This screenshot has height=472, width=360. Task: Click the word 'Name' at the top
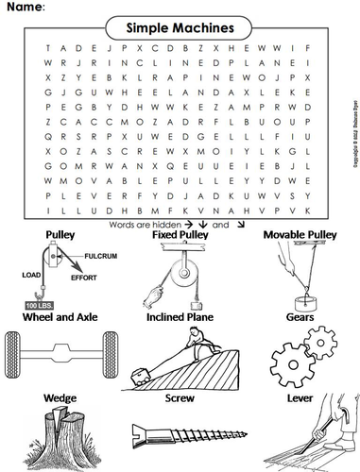(25, 8)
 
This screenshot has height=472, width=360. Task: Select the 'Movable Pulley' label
(300, 233)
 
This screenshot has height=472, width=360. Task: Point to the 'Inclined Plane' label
(180, 317)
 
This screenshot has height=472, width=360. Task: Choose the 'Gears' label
(305, 317)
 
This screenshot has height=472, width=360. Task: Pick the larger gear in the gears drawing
(297, 358)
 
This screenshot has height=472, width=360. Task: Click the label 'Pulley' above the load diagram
(60, 232)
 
